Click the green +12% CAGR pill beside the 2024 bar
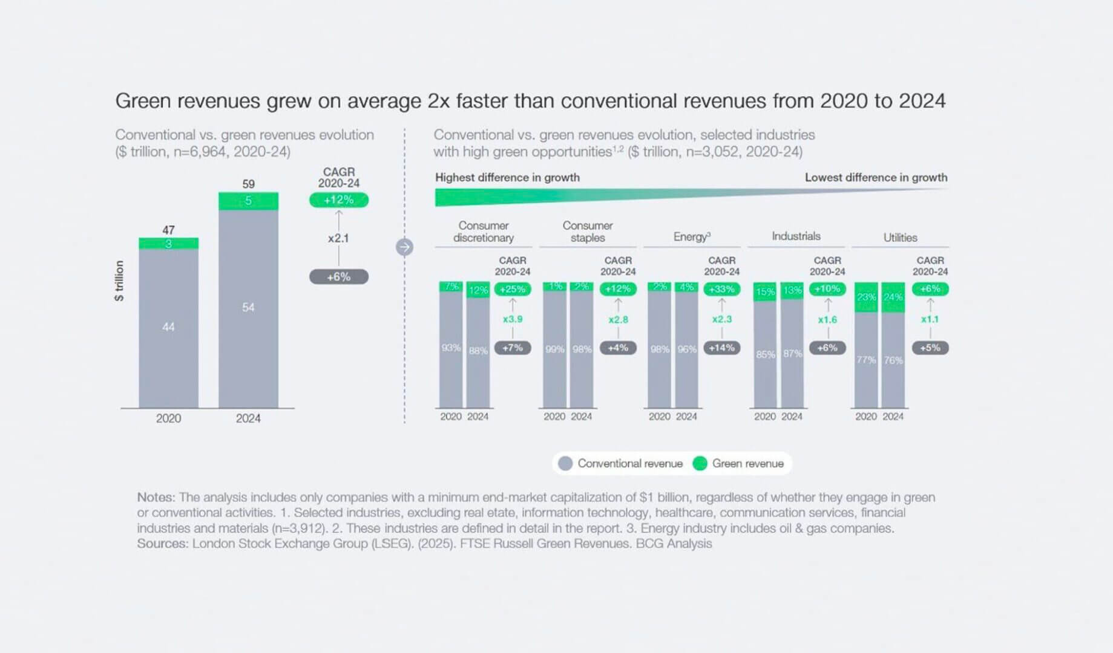point(338,200)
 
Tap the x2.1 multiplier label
point(338,238)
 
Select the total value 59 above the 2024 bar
point(248,184)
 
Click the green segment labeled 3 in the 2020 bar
point(168,244)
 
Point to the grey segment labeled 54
point(248,308)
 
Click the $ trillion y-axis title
point(119,281)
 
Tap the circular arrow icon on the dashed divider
point(404,247)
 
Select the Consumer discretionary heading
point(483,232)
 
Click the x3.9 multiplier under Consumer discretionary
point(513,319)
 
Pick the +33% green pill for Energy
point(721,289)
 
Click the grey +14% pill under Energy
point(721,348)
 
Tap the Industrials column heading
point(796,236)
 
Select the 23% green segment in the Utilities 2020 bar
point(866,297)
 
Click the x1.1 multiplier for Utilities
point(930,319)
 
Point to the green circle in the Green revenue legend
point(700,464)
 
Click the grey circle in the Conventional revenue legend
point(565,464)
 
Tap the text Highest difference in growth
point(507,178)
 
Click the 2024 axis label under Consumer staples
point(581,417)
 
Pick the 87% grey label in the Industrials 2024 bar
point(792,354)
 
